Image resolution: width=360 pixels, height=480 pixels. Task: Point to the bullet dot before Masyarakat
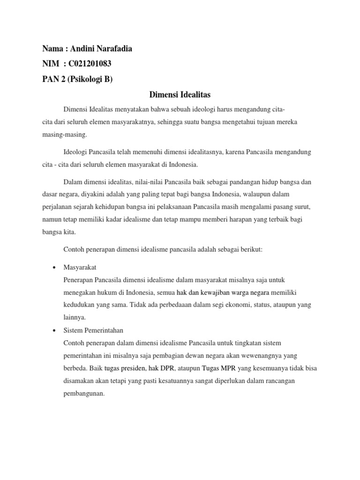[x=54, y=267]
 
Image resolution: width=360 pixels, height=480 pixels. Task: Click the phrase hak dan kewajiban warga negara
[x=216, y=292]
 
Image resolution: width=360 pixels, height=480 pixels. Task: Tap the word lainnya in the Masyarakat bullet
[x=74, y=317]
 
